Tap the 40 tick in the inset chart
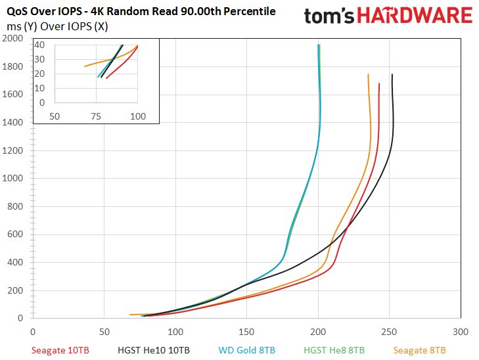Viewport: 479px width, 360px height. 40,45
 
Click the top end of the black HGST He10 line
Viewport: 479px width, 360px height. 392,74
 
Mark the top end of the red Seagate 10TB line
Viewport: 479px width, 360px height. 380,83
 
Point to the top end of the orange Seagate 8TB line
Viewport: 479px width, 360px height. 368,74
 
